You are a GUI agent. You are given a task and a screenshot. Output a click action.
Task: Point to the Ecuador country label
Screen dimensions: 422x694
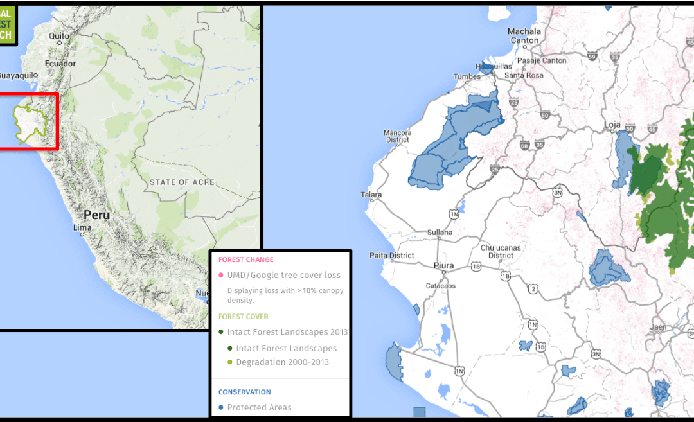60,64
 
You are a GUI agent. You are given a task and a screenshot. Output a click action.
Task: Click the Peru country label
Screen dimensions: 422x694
96,215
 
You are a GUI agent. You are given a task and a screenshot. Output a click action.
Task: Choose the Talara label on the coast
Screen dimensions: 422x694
371,195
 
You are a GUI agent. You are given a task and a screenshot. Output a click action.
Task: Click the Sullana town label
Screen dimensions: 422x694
440,233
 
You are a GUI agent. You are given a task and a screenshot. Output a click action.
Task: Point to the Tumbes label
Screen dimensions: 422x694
467,76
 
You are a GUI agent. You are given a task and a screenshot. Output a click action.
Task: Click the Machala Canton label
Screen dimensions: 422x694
524,35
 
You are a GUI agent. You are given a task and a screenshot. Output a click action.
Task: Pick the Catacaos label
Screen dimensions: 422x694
440,285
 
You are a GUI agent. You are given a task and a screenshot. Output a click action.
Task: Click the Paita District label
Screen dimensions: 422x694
393,255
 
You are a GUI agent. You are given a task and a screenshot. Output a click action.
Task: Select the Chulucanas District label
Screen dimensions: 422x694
501,251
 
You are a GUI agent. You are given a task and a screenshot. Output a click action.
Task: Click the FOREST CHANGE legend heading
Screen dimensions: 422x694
245,260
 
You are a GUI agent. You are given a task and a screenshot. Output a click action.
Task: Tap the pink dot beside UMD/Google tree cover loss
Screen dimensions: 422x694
221,276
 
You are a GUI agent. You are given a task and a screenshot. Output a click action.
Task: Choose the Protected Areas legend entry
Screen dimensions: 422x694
259,407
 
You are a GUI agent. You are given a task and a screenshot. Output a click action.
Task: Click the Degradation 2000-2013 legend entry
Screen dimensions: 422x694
282,362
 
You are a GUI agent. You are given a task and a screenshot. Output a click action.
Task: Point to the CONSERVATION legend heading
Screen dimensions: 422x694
244,392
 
